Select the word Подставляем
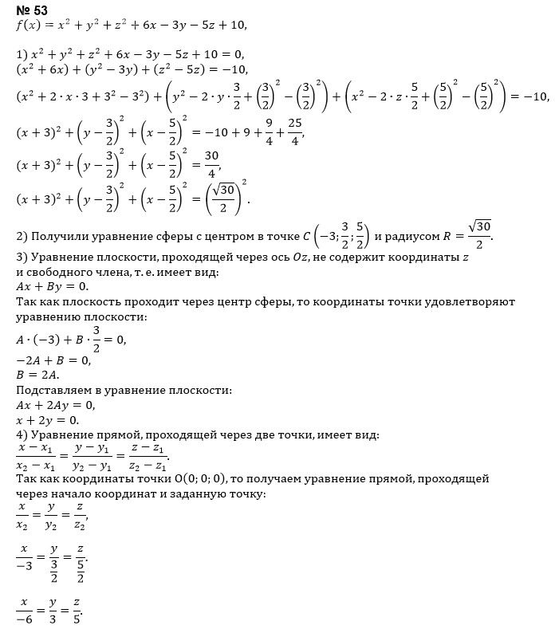pos(56,391)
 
